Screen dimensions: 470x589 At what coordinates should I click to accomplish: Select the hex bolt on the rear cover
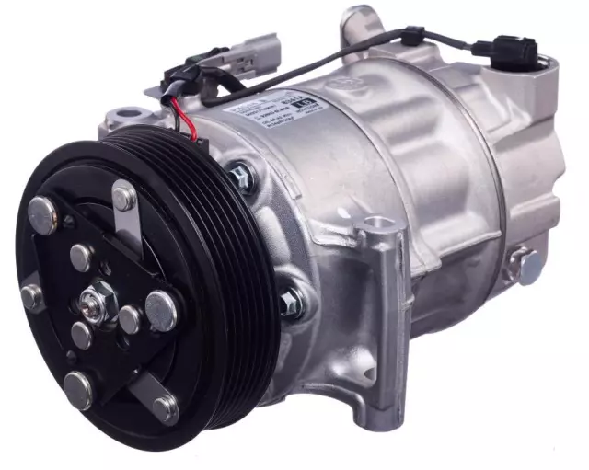tap(527, 265)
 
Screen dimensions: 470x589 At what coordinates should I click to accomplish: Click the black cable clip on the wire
tap(411, 37)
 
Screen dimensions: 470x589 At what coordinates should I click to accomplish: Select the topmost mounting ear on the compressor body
tap(361, 20)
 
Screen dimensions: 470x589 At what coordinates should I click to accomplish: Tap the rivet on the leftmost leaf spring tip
tap(32, 296)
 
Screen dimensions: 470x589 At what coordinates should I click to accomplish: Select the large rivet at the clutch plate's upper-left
tap(44, 214)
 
